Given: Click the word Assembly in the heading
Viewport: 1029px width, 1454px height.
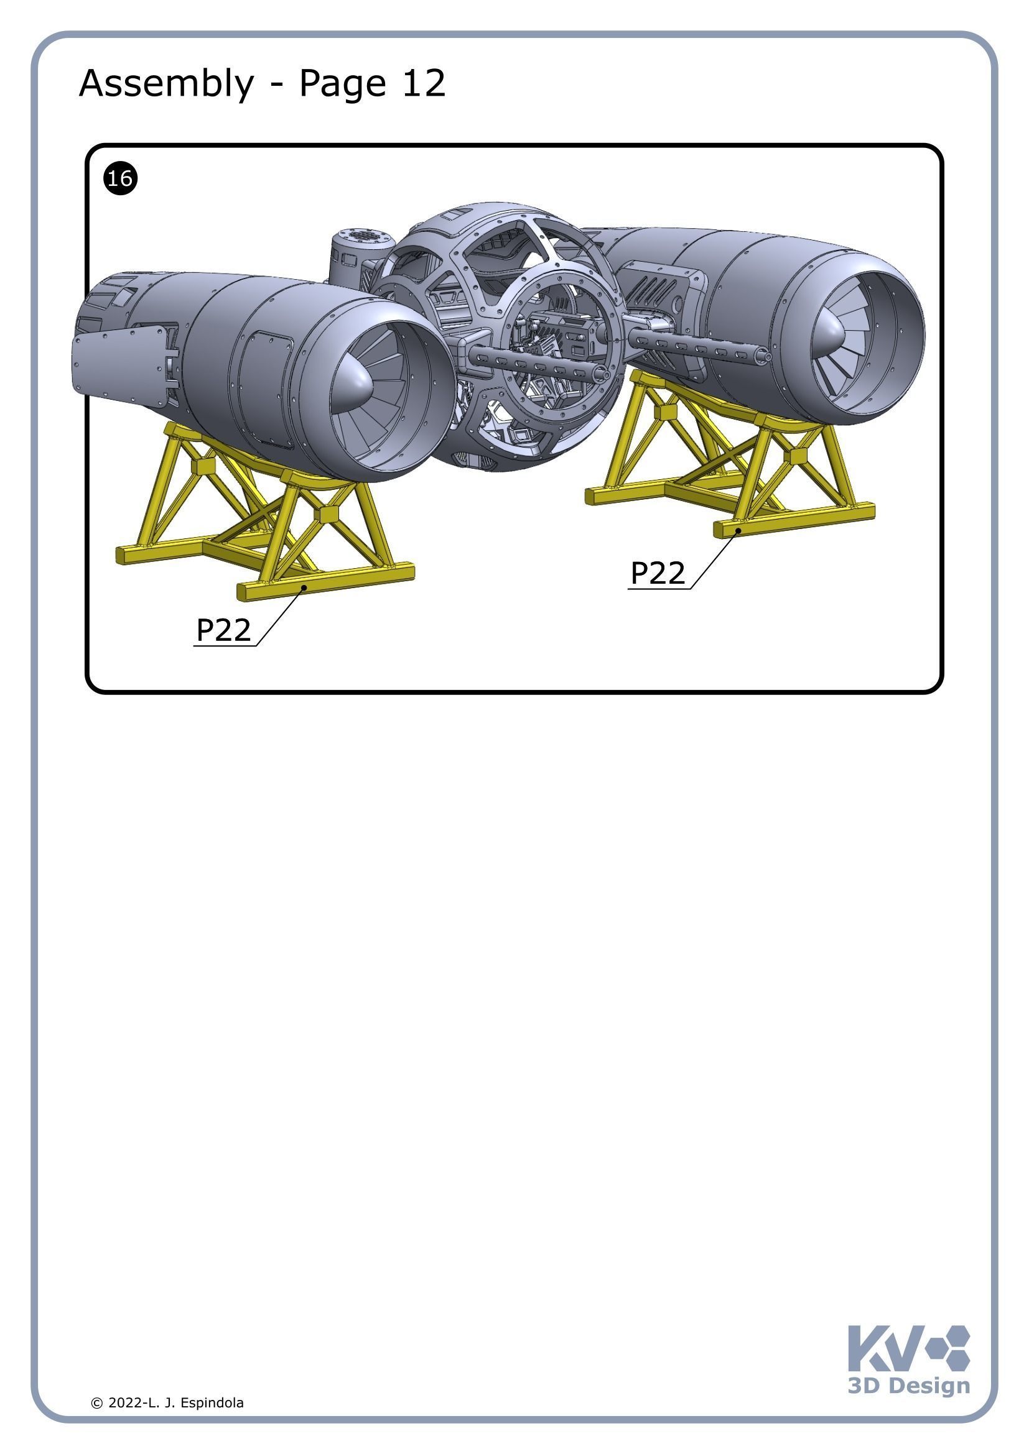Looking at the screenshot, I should click(166, 83).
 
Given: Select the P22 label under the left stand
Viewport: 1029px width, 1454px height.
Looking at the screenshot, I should click(223, 630).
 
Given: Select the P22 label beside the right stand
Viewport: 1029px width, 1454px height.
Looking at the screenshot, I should click(657, 573).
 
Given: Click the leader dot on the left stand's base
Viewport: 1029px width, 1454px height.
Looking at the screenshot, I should click(304, 587).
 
